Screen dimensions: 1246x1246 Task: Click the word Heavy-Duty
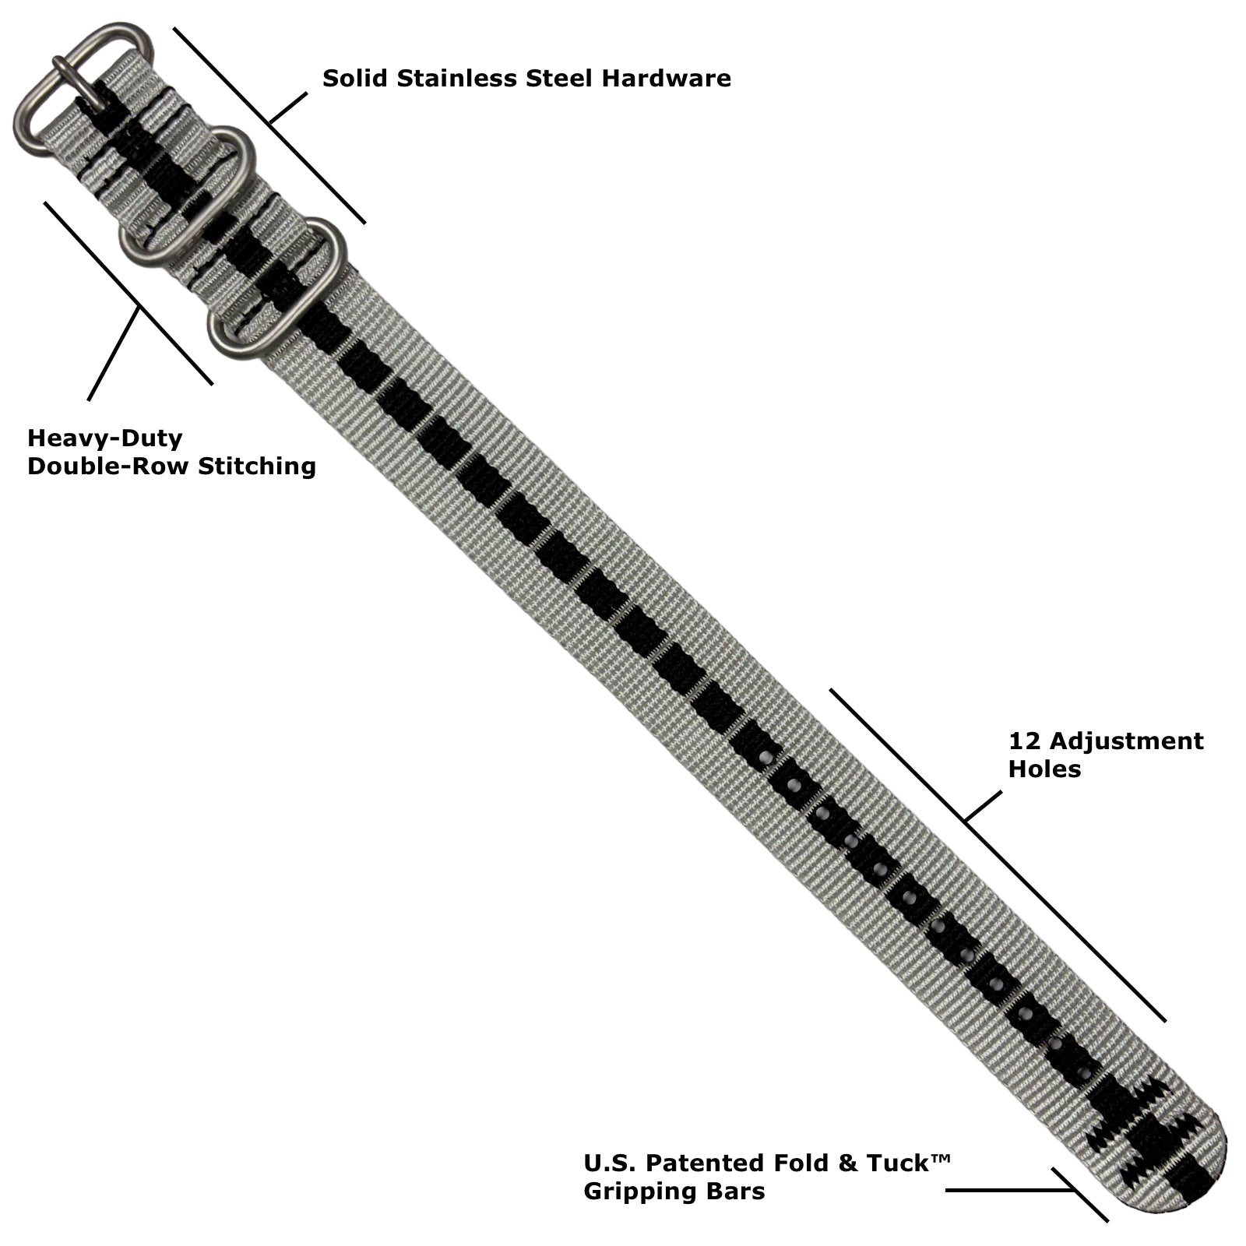pos(105,439)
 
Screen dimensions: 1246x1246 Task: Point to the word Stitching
pos(257,466)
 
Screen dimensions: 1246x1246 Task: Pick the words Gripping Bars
pos(674,1192)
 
